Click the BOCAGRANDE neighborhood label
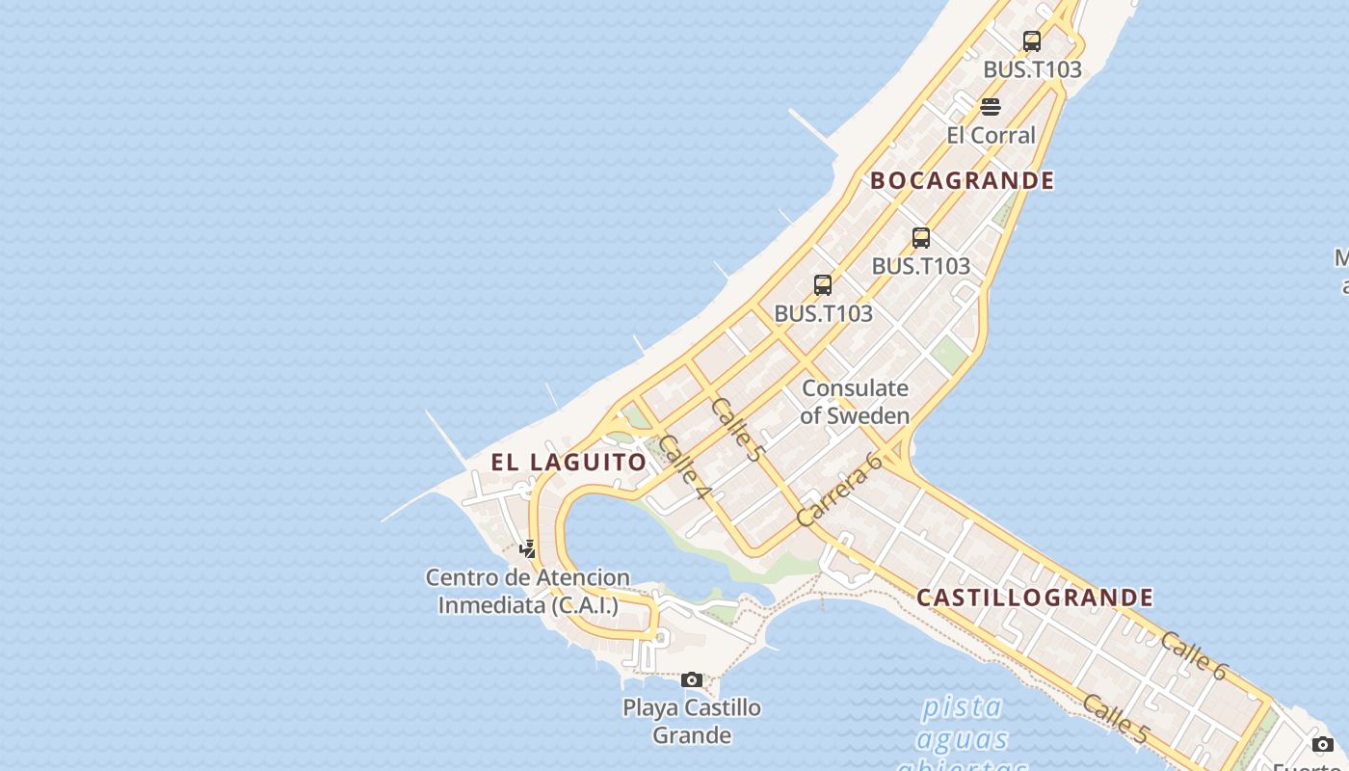(962, 180)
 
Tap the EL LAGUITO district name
(569, 462)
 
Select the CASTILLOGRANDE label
(1035, 598)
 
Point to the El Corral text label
(991, 135)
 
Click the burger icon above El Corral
(991, 106)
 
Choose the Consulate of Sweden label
(855, 402)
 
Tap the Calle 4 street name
(685, 467)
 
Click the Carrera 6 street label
(840, 489)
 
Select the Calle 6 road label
(1193, 655)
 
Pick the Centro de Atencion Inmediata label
(528, 591)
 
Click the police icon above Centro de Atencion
(528, 549)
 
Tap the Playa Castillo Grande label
(692, 721)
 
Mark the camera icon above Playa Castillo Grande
(692, 680)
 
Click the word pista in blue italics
(961, 706)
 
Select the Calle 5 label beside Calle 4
(735, 427)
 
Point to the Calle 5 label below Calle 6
(1116, 719)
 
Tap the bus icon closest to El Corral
(1032, 41)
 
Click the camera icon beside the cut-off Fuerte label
(1323, 744)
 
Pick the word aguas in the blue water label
(961, 739)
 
